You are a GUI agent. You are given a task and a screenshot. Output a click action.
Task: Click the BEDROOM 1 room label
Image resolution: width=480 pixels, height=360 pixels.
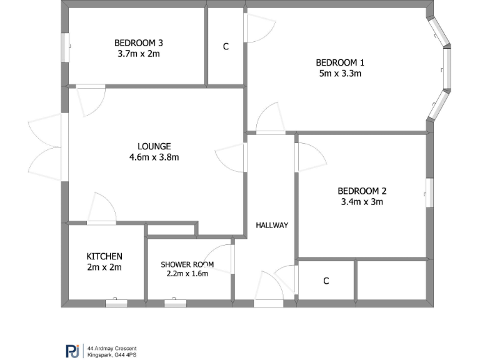pos(339,62)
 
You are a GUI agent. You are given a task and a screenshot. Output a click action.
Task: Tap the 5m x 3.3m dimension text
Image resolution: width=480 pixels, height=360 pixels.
pos(339,73)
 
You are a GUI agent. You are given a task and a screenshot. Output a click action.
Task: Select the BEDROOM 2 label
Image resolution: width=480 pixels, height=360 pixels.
pos(362,191)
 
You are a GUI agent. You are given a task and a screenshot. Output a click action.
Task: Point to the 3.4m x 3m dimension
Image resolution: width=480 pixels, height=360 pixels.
pos(362,202)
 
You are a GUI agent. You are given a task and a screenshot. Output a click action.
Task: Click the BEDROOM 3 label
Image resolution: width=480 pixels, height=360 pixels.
pos(139,43)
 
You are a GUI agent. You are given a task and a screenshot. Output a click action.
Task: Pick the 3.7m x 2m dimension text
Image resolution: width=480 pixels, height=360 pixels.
pos(139,54)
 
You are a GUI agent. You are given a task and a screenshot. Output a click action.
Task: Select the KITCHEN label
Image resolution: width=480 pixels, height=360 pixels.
pos(104,256)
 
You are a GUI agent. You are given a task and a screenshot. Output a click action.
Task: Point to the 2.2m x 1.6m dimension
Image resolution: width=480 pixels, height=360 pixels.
pos(187,273)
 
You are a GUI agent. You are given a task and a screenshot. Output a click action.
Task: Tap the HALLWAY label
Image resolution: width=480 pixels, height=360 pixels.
pos(272,225)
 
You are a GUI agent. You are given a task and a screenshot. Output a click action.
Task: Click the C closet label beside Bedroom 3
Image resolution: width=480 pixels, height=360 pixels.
pos(226,47)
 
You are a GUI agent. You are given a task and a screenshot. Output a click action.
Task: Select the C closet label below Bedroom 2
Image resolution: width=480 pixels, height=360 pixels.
pos(326,281)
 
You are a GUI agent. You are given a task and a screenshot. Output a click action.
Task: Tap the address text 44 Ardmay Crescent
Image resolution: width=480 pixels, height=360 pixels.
pos(112,348)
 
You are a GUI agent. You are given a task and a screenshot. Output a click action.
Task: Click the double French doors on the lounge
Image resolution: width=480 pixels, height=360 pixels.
pos(47,147)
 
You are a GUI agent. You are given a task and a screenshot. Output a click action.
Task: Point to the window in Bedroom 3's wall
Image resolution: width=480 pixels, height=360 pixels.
pos(64,47)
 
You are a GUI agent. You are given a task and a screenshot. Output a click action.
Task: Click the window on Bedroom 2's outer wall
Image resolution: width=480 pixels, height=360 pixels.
pos(429,192)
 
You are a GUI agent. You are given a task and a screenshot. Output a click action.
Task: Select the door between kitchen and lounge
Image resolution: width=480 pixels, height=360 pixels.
pos(102,209)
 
